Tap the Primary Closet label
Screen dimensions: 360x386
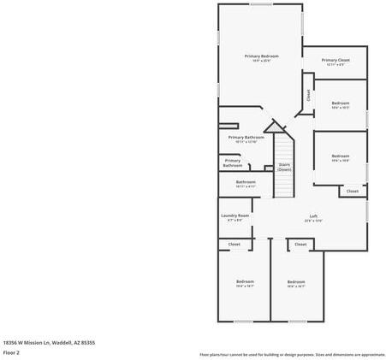pos(336,60)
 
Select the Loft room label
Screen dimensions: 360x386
pos(313,215)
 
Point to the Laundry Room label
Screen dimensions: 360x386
pos(235,215)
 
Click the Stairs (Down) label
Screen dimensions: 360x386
pos(284,166)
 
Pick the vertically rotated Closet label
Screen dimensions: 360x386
pos(309,96)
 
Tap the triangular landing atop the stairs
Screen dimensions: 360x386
pos(274,127)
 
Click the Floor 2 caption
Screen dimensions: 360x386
pos(11,351)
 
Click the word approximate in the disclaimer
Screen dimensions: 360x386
pos(371,354)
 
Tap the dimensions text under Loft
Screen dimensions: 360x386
pos(313,221)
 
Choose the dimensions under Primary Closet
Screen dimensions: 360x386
pos(336,65)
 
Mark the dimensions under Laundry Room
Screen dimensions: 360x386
pos(235,221)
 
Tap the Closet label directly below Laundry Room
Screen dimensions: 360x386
pos(234,245)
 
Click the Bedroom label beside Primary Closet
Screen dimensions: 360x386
pos(341,103)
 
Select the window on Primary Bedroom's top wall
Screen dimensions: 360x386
pos(261,4)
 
